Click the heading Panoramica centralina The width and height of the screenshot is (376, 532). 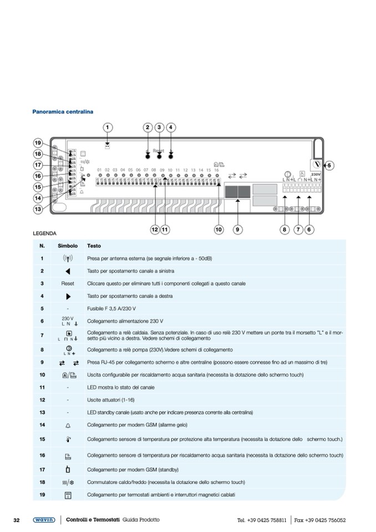pyautogui.click(x=63, y=112)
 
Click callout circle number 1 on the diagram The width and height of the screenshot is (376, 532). pyautogui.click(x=107, y=128)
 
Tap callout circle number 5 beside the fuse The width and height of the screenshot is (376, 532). pyautogui.click(x=329, y=165)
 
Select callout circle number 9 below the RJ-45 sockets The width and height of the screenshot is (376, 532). pyautogui.click(x=237, y=229)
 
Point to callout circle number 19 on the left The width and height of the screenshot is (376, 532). pyautogui.click(x=38, y=143)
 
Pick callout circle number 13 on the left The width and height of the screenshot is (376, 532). pyautogui.click(x=38, y=209)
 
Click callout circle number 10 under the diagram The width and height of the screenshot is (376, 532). pyautogui.click(x=219, y=229)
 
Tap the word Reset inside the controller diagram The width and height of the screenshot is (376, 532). pyautogui.click(x=159, y=151)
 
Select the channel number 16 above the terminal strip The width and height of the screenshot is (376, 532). pyautogui.click(x=216, y=170)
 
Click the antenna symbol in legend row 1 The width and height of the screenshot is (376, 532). pyautogui.click(x=68, y=259)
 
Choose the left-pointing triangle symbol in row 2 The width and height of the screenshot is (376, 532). pyautogui.click(x=68, y=271)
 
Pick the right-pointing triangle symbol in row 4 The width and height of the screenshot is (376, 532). pyautogui.click(x=68, y=296)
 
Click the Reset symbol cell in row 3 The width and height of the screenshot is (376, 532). pyautogui.click(x=68, y=283)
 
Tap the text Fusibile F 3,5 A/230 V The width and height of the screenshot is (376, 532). pyautogui.click(x=115, y=308)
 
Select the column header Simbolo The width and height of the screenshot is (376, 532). pyautogui.click(x=68, y=246)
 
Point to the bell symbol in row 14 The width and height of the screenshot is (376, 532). pyautogui.click(x=68, y=425)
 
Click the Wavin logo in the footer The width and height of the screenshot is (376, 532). pyautogui.click(x=44, y=520)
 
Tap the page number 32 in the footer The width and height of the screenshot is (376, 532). pyautogui.click(x=17, y=520)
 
